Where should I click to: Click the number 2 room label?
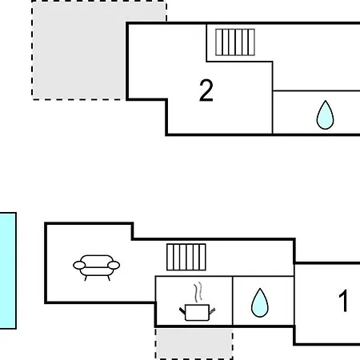(206, 90)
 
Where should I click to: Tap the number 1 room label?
(343, 301)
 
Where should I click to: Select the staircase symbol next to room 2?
(235, 42)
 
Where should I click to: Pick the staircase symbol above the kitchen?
(186, 257)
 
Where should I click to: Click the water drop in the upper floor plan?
(325, 115)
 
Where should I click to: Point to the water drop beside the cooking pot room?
(260, 303)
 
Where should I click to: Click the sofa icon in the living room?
(97, 267)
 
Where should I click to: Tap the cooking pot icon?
(197, 312)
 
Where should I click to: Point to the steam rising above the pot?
(198, 293)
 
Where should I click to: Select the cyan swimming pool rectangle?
(8, 270)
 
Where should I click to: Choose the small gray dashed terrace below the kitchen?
(194, 344)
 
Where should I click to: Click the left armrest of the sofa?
(79, 266)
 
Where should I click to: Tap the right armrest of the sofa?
(114, 266)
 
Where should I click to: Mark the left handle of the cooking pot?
(182, 310)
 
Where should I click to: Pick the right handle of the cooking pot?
(212, 311)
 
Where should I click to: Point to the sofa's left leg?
(86, 278)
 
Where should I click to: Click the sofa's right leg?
(109, 278)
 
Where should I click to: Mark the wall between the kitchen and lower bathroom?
(233, 301)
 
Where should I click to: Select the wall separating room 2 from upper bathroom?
(272, 98)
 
